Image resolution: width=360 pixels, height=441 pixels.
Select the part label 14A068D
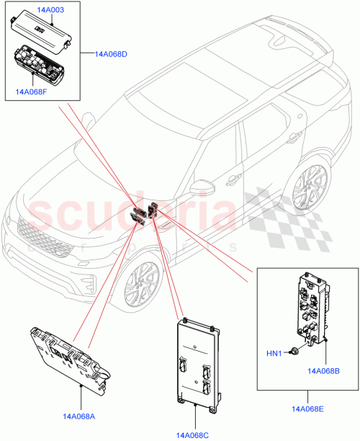pyautogui.click(x=112, y=54)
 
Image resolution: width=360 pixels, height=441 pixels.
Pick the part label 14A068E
pyautogui.click(x=307, y=408)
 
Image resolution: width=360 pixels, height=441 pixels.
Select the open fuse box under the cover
pyautogui.click(x=40, y=63)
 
